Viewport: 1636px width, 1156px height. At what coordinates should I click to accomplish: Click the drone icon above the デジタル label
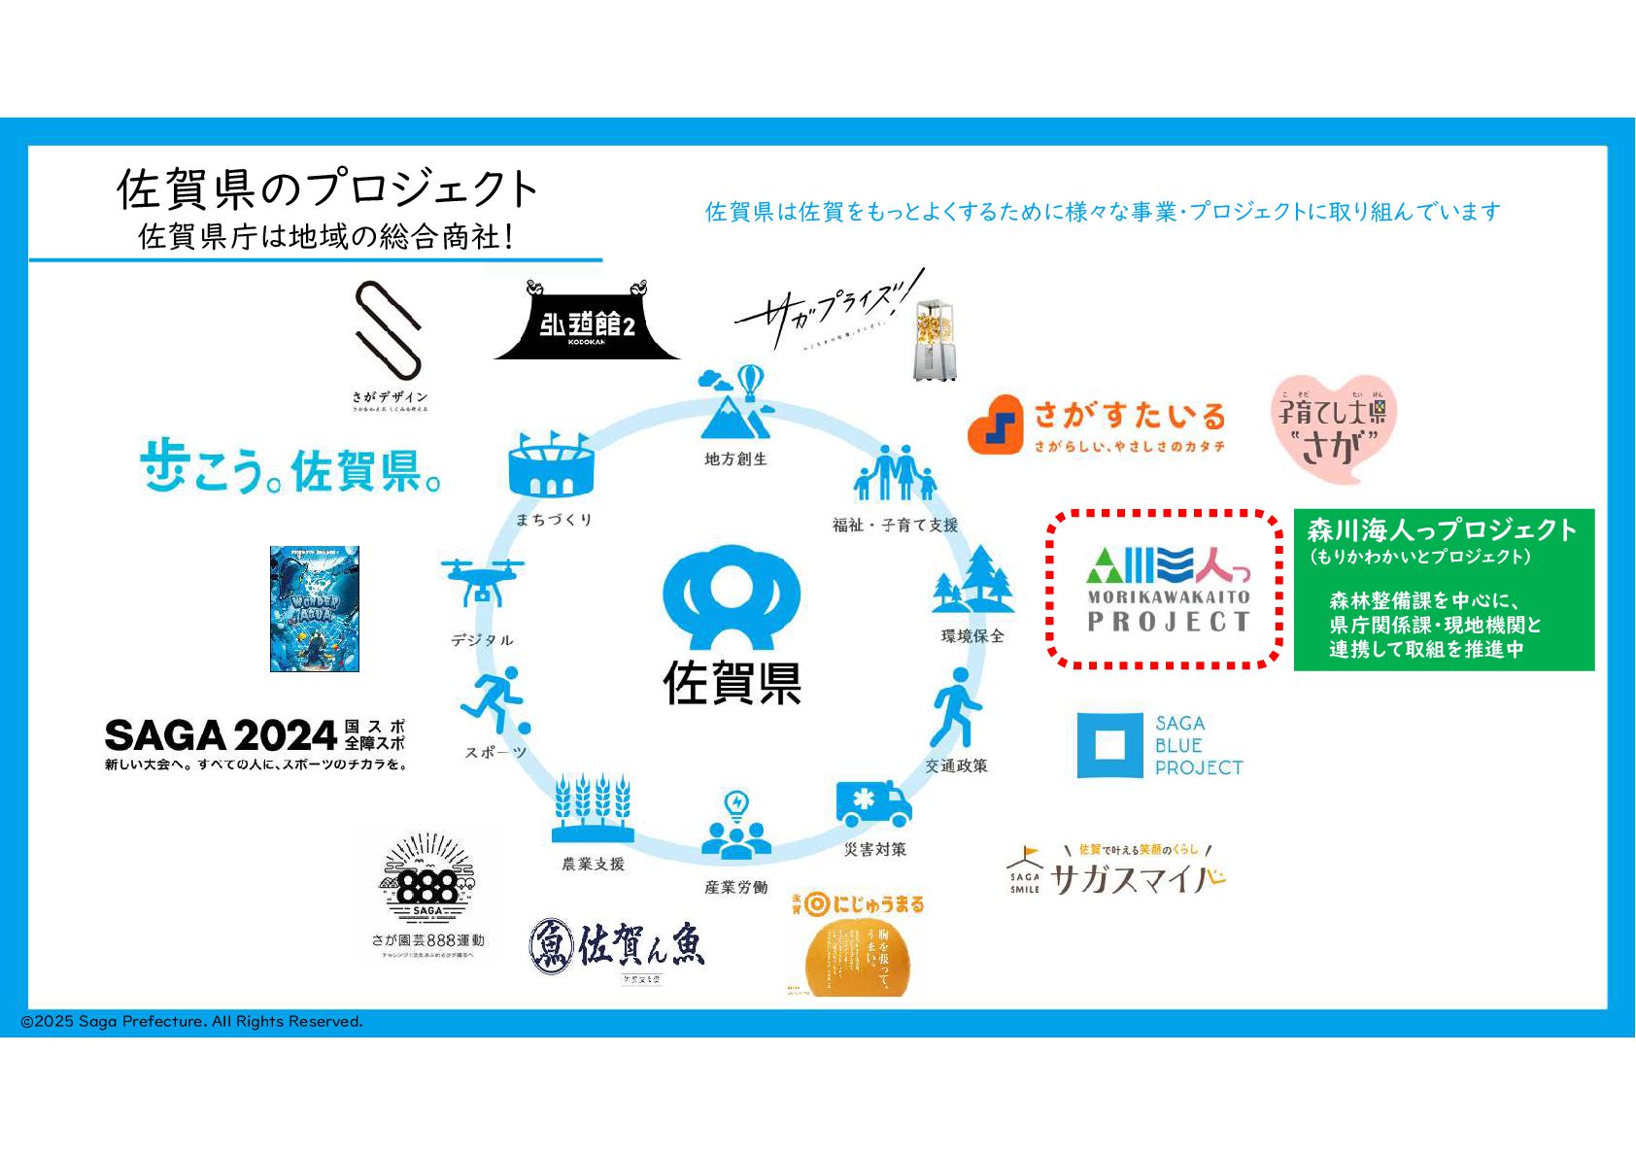click(x=481, y=582)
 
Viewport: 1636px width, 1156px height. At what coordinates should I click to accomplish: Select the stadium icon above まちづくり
click(x=550, y=465)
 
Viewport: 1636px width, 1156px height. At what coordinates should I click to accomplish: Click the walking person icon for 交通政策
click(x=956, y=707)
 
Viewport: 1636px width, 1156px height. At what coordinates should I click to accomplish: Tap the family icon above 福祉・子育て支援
click(x=895, y=474)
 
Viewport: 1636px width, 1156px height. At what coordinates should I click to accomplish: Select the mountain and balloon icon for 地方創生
click(x=736, y=402)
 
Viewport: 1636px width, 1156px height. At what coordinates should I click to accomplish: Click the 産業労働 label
click(x=736, y=887)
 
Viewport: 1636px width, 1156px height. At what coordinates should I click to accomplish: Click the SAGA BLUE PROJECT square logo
click(x=1109, y=745)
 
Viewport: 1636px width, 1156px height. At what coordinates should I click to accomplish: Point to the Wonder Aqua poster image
click(x=315, y=609)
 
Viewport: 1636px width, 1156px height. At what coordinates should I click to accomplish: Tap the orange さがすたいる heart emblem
click(x=996, y=425)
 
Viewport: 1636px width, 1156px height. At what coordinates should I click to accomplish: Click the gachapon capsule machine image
click(x=936, y=340)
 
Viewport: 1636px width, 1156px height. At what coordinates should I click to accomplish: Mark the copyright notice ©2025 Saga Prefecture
click(x=192, y=1021)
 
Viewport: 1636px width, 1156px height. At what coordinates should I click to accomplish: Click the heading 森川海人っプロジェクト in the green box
click(x=1442, y=530)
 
